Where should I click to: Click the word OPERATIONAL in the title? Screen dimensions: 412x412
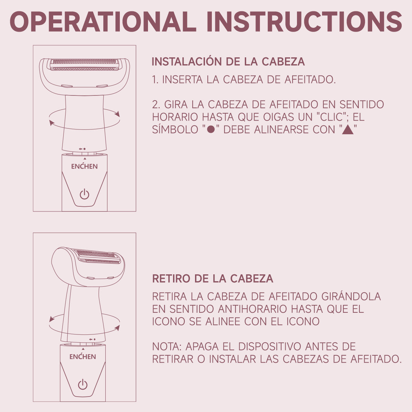click(x=103, y=21)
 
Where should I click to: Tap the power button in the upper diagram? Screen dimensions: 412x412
click(x=84, y=194)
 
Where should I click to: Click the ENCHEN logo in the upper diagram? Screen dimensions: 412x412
click(x=84, y=167)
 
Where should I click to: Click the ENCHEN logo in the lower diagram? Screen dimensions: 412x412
click(x=83, y=357)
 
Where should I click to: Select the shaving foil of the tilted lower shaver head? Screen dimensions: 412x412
click(x=98, y=255)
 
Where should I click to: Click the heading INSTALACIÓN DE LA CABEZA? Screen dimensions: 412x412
click(x=228, y=62)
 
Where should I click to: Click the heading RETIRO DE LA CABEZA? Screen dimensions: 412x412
click(x=213, y=278)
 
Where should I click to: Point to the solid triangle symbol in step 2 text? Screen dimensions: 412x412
click(x=348, y=130)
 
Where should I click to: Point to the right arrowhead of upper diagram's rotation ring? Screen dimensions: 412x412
click(x=117, y=114)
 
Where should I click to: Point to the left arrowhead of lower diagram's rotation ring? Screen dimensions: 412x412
click(x=52, y=319)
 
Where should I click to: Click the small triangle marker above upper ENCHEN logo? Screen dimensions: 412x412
click(x=84, y=159)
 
